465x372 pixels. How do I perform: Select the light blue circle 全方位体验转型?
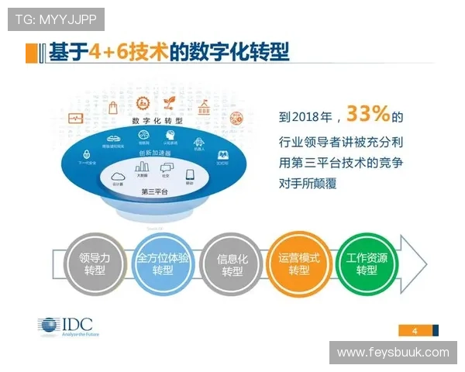162,264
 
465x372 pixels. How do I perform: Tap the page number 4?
415,332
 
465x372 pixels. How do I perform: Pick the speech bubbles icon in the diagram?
166,168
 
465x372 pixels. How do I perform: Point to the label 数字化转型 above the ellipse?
157,122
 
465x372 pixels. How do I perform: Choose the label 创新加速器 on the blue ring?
155,153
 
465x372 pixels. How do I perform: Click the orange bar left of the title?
31,53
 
